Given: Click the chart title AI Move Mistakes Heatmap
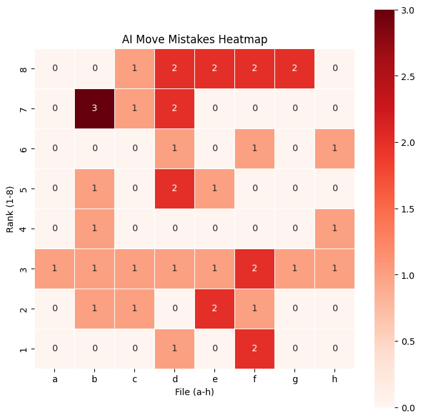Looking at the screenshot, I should pyautogui.click(x=194, y=39).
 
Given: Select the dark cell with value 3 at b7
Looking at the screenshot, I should pyautogui.click(x=95, y=108).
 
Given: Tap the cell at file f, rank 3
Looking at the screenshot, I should pyautogui.click(x=254, y=269).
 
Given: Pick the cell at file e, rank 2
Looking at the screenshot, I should pyautogui.click(x=214, y=309).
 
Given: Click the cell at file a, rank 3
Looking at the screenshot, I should pyautogui.click(x=55, y=269).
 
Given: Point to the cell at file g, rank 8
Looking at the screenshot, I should pyautogui.click(x=294, y=68).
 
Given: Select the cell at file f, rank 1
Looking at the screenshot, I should pyautogui.click(x=254, y=349).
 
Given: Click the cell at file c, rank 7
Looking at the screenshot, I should pyautogui.click(x=135, y=108).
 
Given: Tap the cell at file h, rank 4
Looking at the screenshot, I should pyautogui.click(x=334, y=229).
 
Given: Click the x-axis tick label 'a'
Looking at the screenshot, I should pyautogui.click(x=55, y=380).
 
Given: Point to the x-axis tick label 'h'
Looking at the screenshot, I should pyautogui.click(x=334, y=380).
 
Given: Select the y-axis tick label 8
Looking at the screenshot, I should pyautogui.click(x=25, y=68).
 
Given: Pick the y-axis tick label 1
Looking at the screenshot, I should pyautogui.click(x=25, y=349).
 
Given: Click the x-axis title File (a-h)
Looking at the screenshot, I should pyautogui.click(x=194, y=392).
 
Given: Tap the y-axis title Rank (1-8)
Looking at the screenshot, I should pyautogui.click(x=11, y=209).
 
